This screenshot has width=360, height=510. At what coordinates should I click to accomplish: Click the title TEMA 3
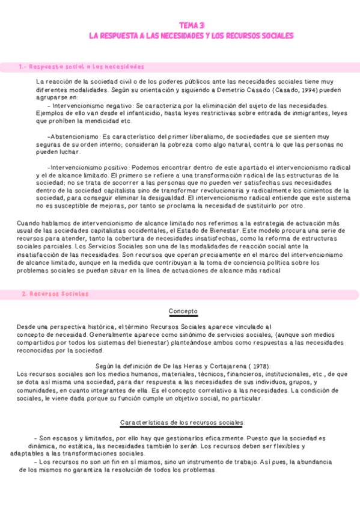pyautogui.click(x=192, y=25)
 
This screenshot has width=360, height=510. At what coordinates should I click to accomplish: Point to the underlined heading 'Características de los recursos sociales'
pyautogui.click(x=183, y=422)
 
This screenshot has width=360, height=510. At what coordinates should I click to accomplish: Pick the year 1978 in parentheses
pyautogui.click(x=250, y=366)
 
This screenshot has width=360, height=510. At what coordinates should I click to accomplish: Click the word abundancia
pyautogui.click(x=309, y=462)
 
